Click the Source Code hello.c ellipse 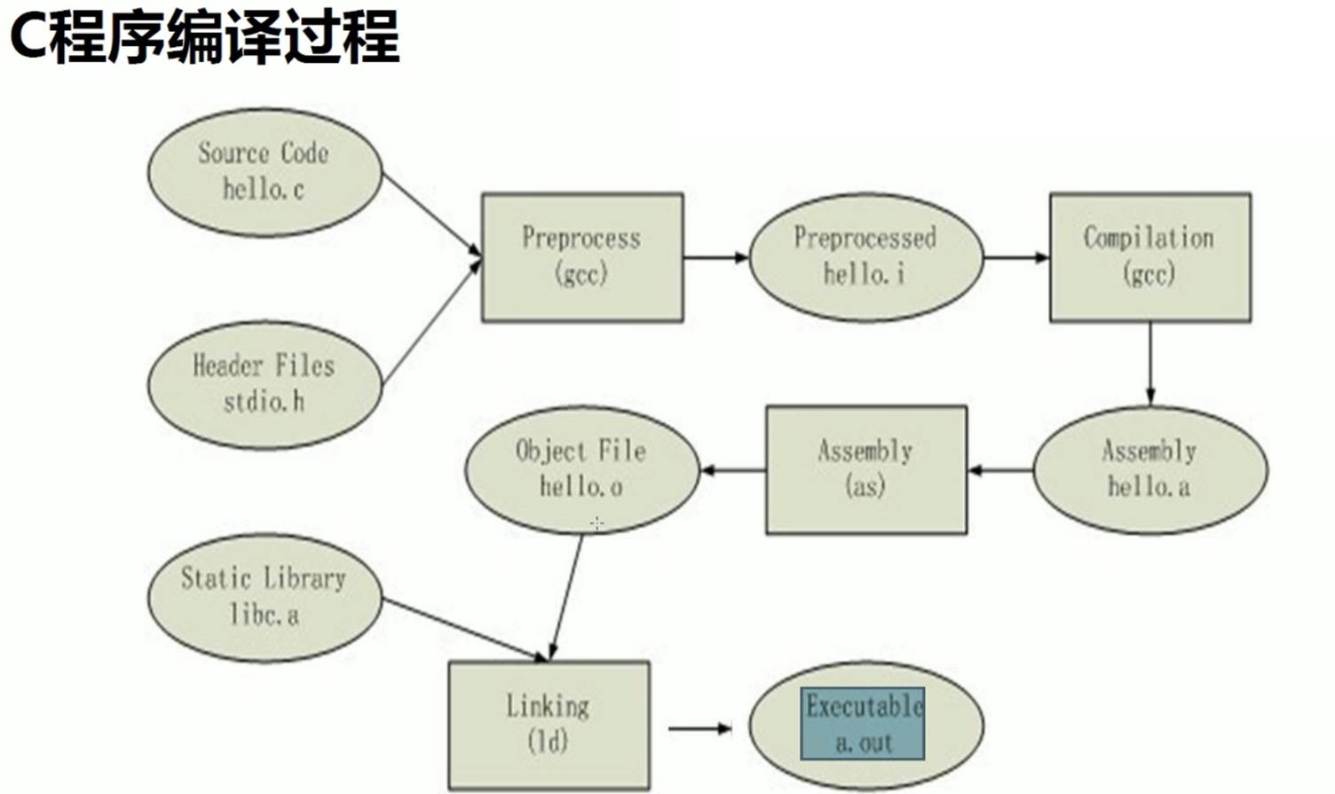[x=264, y=171]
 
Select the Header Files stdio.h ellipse [x=264, y=383]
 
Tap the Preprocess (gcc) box [x=581, y=256]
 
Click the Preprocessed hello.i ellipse [x=865, y=256]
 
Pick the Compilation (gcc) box [x=1149, y=256]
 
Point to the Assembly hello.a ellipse [x=1149, y=469]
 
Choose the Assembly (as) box [x=865, y=469]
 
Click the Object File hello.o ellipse [x=581, y=469]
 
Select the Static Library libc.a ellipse [x=264, y=596]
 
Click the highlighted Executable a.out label [x=863, y=724]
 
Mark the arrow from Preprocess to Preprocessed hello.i [x=715, y=257]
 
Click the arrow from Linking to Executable [x=699, y=728]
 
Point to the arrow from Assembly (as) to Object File [x=733, y=469]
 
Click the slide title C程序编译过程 [x=204, y=37]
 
